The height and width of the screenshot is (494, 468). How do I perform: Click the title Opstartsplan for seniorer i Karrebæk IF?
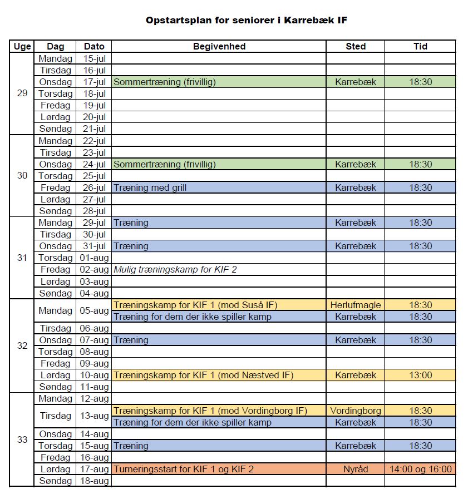pyautogui.click(x=247, y=21)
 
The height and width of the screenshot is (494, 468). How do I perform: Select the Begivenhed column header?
pyautogui.click(x=219, y=46)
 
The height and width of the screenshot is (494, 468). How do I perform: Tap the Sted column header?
pyautogui.click(x=355, y=46)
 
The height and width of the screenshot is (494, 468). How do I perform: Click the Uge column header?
pyautogui.click(x=22, y=46)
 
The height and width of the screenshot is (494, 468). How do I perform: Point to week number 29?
pyautogui.click(x=22, y=93)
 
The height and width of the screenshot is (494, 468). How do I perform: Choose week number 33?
pyautogui.click(x=22, y=439)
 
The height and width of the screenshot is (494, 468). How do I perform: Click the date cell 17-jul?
pyautogui.click(x=94, y=82)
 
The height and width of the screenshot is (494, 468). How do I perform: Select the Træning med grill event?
pyautogui.click(x=150, y=187)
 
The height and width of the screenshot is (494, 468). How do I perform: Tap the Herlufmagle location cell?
pyautogui.click(x=355, y=305)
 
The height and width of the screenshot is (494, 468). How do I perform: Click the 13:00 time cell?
pyautogui.click(x=420, y=375)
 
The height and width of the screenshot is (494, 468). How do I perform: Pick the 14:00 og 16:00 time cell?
pyautogui.click(x=420, y=469)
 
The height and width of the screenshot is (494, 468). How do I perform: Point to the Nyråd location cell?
pyautogui.click(x=355, y=469)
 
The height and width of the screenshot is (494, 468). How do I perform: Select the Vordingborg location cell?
pyautogui.click(x=355, y=411)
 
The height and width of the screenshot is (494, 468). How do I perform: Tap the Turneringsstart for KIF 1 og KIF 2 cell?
pyautogui.click(x=184, y=469)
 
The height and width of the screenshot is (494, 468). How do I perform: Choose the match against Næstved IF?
pyautogui.click(x=203, y=375)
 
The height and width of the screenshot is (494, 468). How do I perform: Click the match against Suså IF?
pyautogui.click(x=195, y=305)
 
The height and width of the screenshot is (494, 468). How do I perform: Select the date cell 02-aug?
pyautogui.click(x=94, y=269)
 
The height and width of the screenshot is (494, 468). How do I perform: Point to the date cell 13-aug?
pyautogui.click(x=94, y=416)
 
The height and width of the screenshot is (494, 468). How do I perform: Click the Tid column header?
pyautogui.click(x=420, y=46)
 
